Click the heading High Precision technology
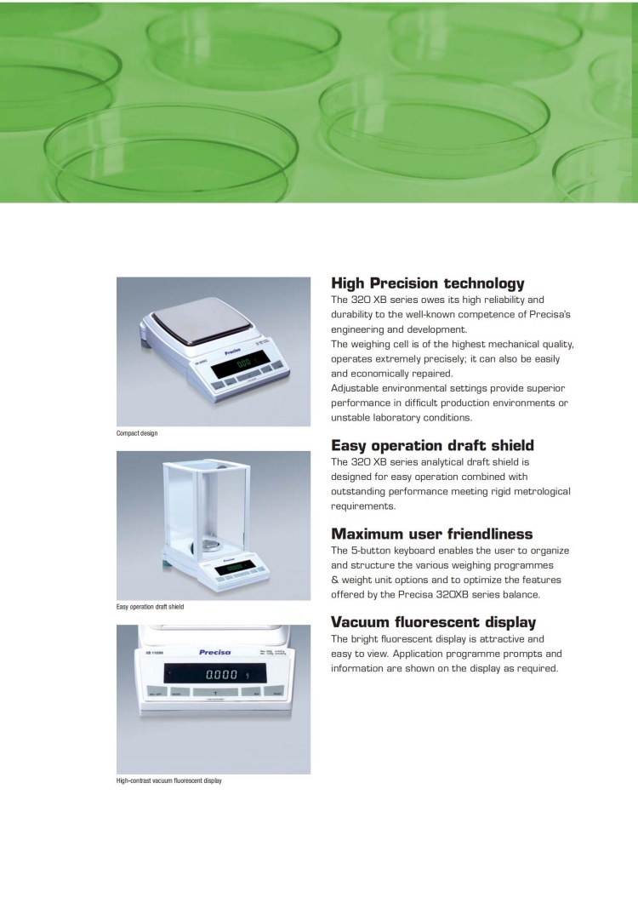click(427, 283)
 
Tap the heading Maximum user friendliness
click(431, 534)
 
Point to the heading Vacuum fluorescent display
click(433, 622)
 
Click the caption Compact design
click(137, 433)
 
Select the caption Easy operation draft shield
click(150, 607)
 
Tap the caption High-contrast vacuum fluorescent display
click(168, 780)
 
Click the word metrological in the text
click(539, 491)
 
